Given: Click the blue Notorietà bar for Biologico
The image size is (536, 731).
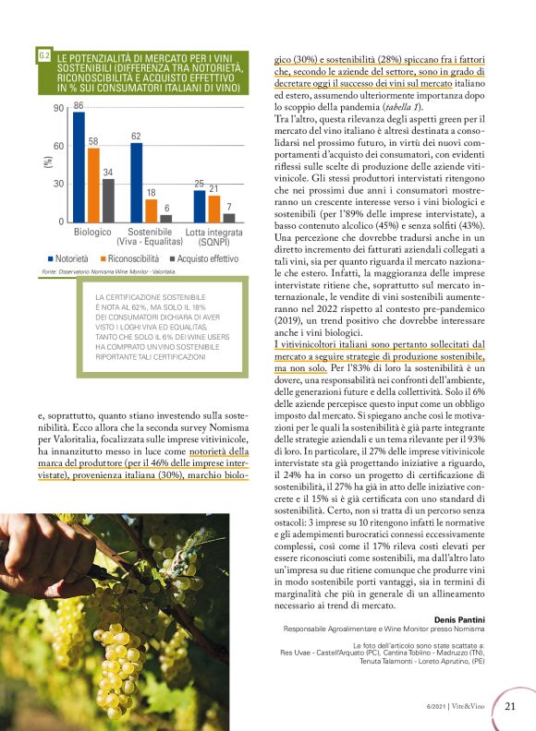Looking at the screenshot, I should (79, 167).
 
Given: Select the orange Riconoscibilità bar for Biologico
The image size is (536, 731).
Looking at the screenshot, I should (93, 185).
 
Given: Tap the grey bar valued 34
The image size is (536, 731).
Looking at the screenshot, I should (108, 200).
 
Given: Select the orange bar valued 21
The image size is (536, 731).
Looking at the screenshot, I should (213, 209).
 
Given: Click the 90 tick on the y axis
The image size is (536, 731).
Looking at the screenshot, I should (58, 109).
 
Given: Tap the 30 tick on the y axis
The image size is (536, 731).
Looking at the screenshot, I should (58, 185).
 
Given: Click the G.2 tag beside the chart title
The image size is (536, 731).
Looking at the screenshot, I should (44, 57).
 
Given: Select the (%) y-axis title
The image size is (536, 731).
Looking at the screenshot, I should (48, 163).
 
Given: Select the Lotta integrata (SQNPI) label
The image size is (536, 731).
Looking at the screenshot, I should (209, 235).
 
